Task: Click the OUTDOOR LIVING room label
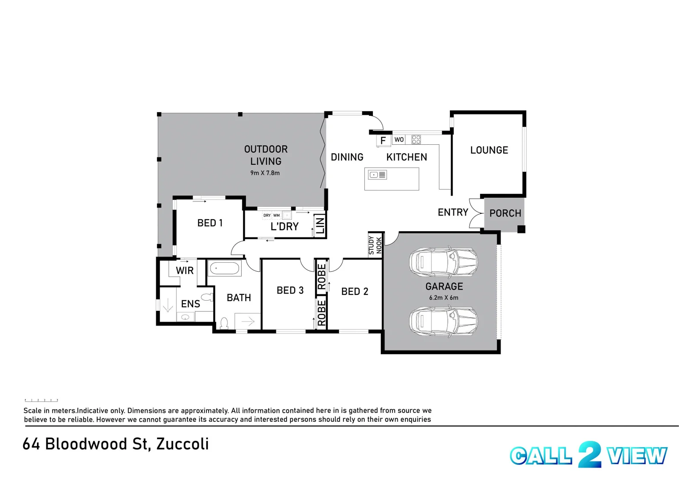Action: (266, 155)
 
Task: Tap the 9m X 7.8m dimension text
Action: (265, 173)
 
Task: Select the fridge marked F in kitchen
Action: (383, 140)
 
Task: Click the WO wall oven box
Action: (399, 139)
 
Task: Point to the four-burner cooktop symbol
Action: (416, 139)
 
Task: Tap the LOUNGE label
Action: (489, 150)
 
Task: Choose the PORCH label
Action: (505, 213)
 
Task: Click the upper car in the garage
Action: (443, 262)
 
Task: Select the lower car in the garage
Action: (443, 321)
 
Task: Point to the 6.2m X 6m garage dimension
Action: (444, 298)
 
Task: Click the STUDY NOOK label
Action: (375, 245)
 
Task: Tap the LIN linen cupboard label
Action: (320, 225)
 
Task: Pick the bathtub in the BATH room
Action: (225, 269)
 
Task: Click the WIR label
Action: (185, 270)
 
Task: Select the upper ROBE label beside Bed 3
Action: (322, 277)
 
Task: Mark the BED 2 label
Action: (355, 291)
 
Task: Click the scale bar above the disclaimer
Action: (41, 400)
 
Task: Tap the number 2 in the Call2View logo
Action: (589, 454)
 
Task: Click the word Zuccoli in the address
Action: (182, 444)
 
